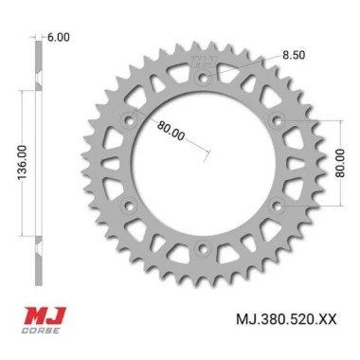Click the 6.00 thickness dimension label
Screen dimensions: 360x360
point(59,37)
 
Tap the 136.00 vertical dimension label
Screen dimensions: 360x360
point(23,163)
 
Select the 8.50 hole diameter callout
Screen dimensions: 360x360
point(294,55)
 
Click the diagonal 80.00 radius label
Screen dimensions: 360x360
point(171,131)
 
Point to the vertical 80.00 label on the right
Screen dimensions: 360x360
point(340,163)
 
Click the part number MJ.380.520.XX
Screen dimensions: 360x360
point(286,319)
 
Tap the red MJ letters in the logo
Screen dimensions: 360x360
point(44,316)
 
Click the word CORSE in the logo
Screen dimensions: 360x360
point(40,331)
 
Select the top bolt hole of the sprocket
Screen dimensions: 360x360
point(203,78)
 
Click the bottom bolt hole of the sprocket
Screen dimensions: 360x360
point(203,248)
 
